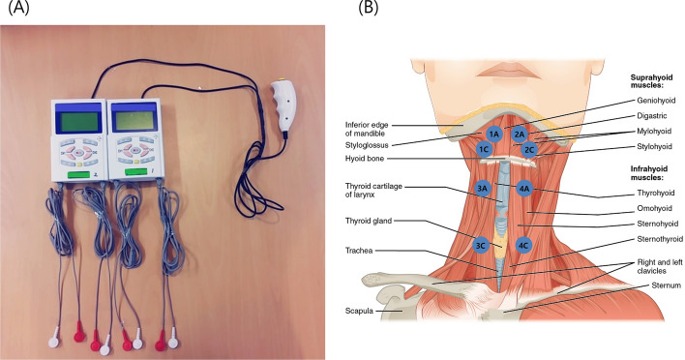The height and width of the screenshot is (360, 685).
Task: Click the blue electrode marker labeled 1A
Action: click(493, 135)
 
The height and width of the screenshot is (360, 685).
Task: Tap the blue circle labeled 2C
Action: click(529, 150)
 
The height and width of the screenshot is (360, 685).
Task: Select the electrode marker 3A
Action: click(482, 189)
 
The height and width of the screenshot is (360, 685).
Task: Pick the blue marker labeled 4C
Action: click(522, 245)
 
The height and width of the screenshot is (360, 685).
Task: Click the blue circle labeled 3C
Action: click(480, 246)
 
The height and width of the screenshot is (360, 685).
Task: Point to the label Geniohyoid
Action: click(656, 100)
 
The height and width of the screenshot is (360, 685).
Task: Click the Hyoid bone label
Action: click(365, 158)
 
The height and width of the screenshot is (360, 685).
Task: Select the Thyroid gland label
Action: click(369, 221)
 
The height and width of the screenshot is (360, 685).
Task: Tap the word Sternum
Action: click(666, 285)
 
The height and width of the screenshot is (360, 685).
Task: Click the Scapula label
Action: click(359, 311)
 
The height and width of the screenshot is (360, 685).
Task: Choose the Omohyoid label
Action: click(654, 208)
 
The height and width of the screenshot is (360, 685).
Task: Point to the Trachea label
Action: click(359, 251)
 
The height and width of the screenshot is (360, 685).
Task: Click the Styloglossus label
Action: click(367, 145)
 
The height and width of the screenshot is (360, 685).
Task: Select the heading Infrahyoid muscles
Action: click(649, 173)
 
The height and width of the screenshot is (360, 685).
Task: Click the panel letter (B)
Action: click(368, 8)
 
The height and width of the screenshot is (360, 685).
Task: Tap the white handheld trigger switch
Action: click(283, 105)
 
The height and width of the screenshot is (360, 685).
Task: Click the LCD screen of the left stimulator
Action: click(79, 123)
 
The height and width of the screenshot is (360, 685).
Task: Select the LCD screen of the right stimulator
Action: click(134, 120)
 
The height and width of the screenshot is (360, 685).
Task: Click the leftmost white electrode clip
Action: click(54, 338)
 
